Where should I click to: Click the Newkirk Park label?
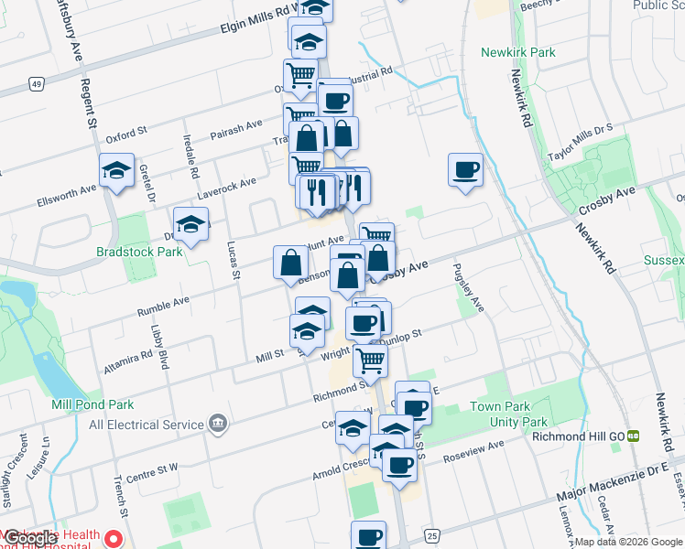click(x=518, y=52)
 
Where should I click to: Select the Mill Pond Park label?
click(x=93, y=404)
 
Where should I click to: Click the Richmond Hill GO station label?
click(x=580, y=436)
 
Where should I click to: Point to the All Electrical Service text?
click(x=146, y=425)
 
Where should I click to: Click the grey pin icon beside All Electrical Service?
click(x=218, y=424)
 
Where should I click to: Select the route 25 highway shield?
click(x=431, y=534)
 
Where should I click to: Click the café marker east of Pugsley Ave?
click(x=465, y=169)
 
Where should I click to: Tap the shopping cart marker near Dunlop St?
click(x=370, y=360)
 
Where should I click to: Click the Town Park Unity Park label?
click(x=508, y=414)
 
